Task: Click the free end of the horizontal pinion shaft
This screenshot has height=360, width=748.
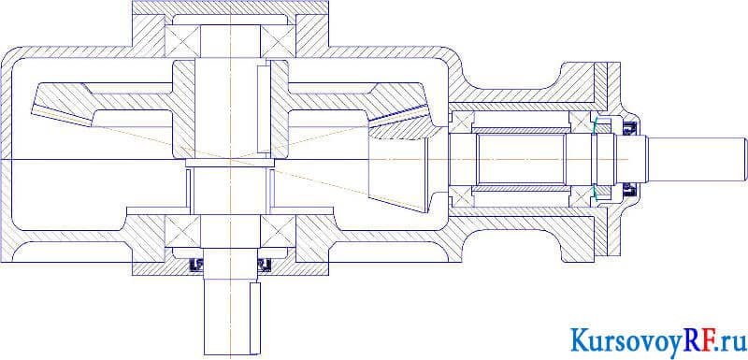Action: tap(745, 159)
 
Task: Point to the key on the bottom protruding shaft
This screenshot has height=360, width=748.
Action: tap(255, 318)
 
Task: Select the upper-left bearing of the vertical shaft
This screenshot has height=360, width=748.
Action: tap(182, 40)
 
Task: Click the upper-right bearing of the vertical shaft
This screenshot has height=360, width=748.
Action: tap(278, 40)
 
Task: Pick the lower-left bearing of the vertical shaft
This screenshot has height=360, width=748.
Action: tap(182, 231)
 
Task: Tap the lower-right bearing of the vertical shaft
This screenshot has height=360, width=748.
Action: tap(278, 231)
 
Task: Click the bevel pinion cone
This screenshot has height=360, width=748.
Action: tap(398, 172)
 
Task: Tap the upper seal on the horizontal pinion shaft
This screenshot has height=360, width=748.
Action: tap(630, 127)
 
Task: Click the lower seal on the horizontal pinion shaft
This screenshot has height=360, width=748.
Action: tap(630, 191)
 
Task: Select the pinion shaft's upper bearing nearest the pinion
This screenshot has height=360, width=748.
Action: tap(461, 122)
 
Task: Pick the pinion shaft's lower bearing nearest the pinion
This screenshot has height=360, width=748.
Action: tap(461, 196)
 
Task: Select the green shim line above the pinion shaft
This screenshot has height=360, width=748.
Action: tap(594, 124)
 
